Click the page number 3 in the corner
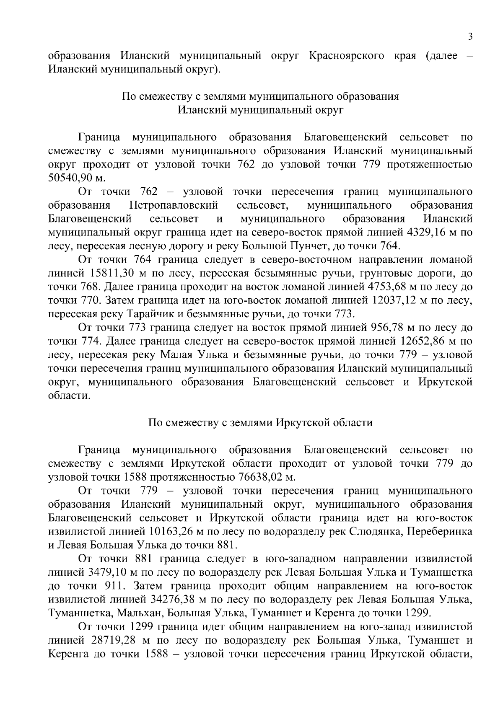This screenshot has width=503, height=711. coord(470,37)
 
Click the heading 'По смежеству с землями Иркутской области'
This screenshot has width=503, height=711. coord(260,422)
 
